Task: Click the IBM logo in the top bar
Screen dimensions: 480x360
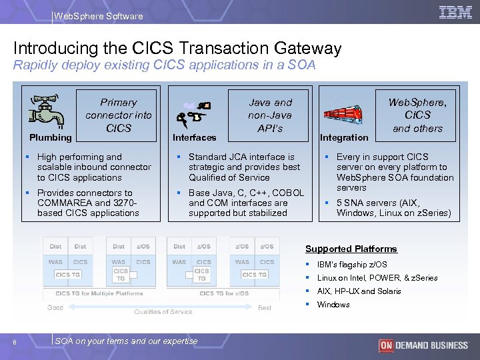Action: pyautogui.click(x=456, y=12)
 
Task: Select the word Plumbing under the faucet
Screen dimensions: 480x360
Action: pyautogui.click(x=51, y=137)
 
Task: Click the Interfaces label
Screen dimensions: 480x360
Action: pyautogui.click(x=195, y=137)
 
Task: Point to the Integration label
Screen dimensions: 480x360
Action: pyautogui.click(x=344, y=137)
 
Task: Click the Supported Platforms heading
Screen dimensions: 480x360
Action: pyautogui.click(x=351, y=249)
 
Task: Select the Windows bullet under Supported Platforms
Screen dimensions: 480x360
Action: pyautogui.click(x=333, y=305)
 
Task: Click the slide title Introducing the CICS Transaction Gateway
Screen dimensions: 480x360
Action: pyautogui.click(x=177, y=48)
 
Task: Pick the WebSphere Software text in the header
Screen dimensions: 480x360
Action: pyautogui.click(x=98, y=16)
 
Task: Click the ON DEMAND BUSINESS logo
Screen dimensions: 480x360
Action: pyautogui.click(x=423, y=345)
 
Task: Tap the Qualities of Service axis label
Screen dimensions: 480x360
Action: pyautogui.click(x=163, y=311)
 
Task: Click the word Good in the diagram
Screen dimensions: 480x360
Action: pyautogui.click(x=55, y=307)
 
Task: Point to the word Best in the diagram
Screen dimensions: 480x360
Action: pyautogui.click(x=265, y=307)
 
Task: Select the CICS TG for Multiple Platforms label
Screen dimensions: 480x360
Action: pyautogui.click(x=99, y=293)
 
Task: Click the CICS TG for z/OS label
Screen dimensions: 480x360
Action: pyautogui.click(x=224, y=293)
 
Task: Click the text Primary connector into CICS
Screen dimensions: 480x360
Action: pyautogui.click(x=118, y=115)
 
